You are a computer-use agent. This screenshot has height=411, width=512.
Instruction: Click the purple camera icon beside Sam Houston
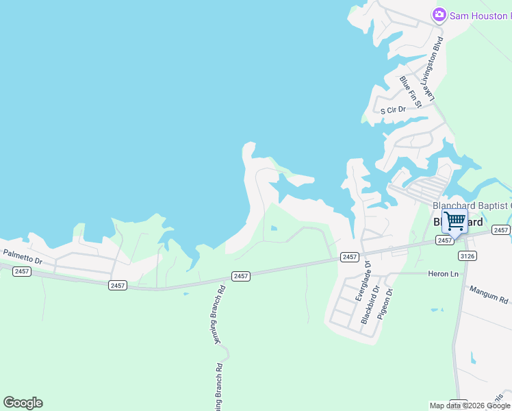click(x=439, y=14)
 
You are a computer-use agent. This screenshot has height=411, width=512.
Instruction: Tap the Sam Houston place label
click(x=480, y=15)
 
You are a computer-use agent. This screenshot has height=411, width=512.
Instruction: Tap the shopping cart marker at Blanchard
click(x=455, y=222)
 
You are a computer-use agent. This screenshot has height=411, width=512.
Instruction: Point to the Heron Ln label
click(x=442, y=274)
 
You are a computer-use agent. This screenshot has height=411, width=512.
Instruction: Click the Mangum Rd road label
click(x=489, y=295)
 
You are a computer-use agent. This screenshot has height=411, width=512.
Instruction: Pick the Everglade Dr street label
click(x=361, y=281)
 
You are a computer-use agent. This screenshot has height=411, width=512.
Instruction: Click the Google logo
click(x=23, y=403)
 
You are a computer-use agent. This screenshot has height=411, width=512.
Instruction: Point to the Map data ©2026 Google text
click(x=470, y=406)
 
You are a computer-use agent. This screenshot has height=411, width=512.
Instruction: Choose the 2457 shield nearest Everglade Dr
click(x=349, y=257)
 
